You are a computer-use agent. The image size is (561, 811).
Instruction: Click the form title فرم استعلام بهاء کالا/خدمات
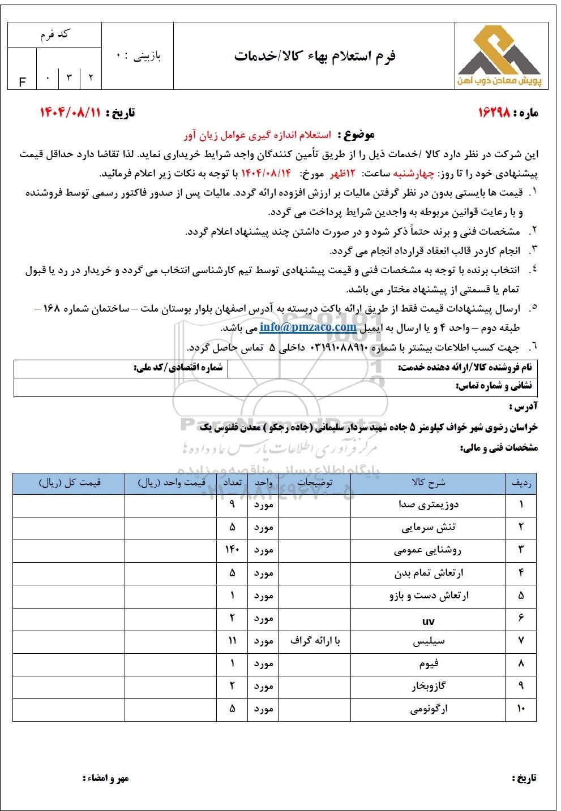click(315, 56)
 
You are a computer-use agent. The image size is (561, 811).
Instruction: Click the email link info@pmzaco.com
click(308, 327)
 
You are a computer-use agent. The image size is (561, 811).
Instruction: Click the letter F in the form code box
click(23, 82)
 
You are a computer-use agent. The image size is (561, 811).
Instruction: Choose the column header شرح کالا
click(429, 483)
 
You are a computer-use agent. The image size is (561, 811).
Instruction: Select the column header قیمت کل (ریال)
click(69, 483)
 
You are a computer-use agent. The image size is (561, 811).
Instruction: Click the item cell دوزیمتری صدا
click(429, 504)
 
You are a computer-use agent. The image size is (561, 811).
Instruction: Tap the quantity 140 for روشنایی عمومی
click(233, 550)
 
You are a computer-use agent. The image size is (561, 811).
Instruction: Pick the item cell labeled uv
click(429, 621)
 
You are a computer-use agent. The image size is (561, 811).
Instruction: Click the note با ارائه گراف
click(315, 641)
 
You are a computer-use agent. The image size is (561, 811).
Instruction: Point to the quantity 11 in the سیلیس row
click(233, 641)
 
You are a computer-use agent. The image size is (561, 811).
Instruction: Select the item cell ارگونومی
click(429, 709)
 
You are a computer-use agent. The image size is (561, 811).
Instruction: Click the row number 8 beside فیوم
click(521, 663)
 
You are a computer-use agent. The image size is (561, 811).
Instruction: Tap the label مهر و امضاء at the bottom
click(106, 778)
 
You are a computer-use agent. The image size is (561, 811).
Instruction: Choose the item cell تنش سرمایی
click(429, 527)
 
